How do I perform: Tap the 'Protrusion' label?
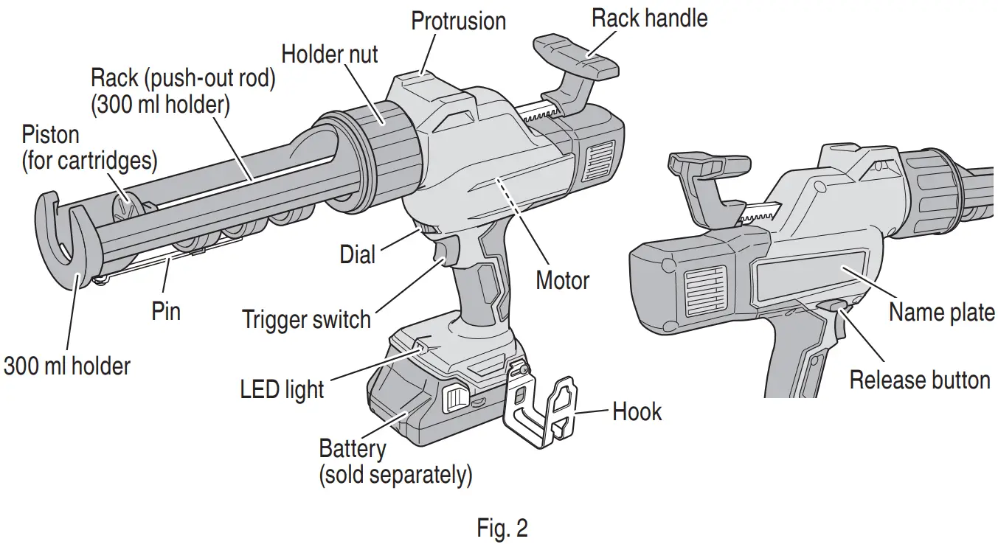(458, 20)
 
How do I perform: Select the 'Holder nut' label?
(330, 53)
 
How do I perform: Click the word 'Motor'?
(562, 280)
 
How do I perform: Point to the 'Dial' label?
(357, 254)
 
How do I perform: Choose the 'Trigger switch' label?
(306, 319)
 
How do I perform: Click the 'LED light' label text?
(282, 389)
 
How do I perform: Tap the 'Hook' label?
(637, 411)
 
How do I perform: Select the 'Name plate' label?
(941, 312)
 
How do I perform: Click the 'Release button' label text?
(919, 380)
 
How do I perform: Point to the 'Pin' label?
(166, 310)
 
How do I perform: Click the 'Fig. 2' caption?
(502, 529)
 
